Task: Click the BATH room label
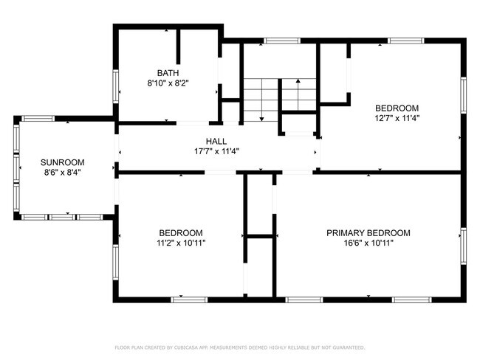tap(168, 73)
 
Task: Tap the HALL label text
tap(216, 142)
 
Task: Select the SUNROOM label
tap(63, 162)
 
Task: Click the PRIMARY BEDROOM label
tap(368, 233)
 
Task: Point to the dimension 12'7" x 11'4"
tap(397, 118)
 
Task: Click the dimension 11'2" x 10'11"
tap(181, 243)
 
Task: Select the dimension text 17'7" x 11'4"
tap(216, 151)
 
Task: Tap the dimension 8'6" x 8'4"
tap(63, 173)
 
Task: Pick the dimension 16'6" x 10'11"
tap(368, 243)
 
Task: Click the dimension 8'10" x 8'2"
tap(168, 83)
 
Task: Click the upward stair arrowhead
tap(298, 80)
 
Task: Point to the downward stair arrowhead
tap(261, 119)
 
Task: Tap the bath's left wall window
tap(116, 86)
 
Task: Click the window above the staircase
tap(282, 41)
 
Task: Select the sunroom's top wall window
tap(38, 119)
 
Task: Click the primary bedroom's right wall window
tap(464, 246)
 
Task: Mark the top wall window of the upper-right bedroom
tap(406, 41)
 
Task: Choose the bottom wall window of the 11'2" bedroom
tap(189, 300)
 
